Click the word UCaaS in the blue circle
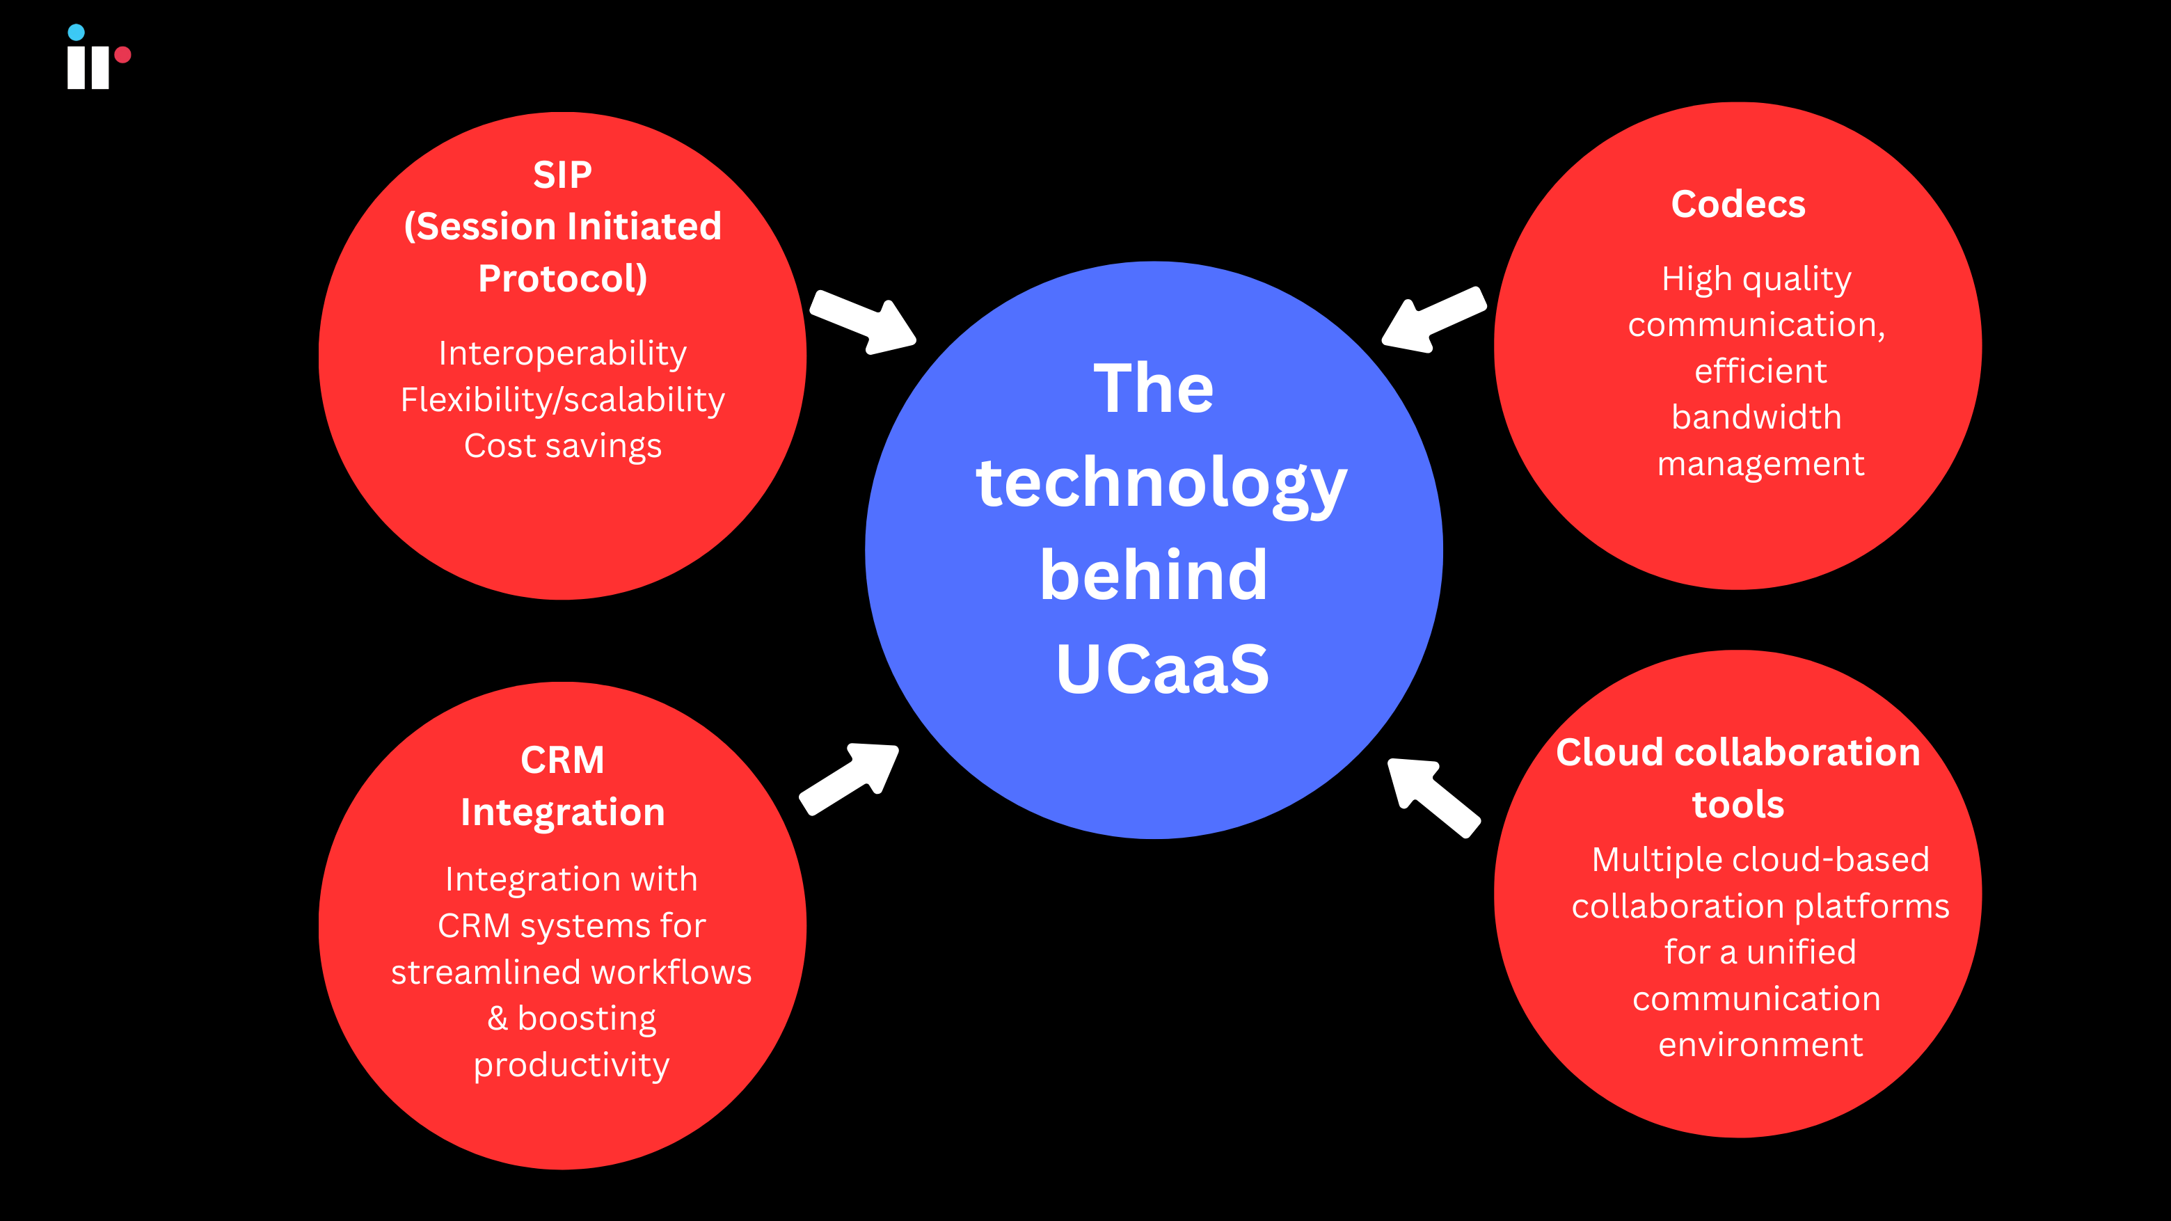[1161, 669]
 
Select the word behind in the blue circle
[1153, 576]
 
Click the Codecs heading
[1737, 205]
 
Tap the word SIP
[562, 175]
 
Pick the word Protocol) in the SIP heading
[562, 279]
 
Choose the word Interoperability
[562, 353]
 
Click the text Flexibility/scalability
[562, 399]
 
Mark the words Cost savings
[562, 446]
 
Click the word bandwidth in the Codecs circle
[1756, 417]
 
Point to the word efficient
[1760, 371]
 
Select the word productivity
[571, 1064]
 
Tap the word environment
[1760, 1045]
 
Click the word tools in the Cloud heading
[1737, 805]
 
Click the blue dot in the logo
[76, 33]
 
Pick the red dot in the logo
[123, 55]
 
